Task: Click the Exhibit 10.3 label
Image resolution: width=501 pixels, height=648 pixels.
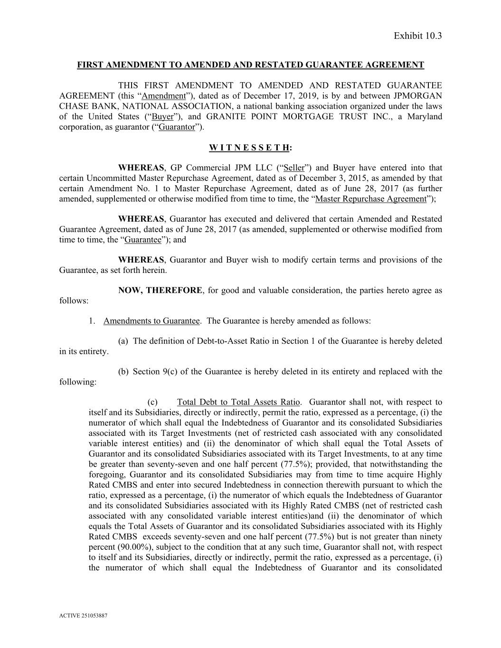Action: pyautogui.click(x=417, y=36)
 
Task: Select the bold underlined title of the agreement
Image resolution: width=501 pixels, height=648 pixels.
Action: pyautogui.click(x=250, y=65)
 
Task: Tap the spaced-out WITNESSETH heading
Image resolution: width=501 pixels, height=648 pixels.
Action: pyautogui.click(x=250, y=148)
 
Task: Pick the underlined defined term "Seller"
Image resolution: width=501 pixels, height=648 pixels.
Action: pyautogui.click(x=294, y=168)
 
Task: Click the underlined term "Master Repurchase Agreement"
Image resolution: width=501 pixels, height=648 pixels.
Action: pyautogui.click(x=371, y=199)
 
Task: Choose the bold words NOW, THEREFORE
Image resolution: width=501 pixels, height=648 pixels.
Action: pyautogui.click(x=160, y=291)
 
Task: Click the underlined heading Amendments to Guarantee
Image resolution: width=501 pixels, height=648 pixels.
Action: pyautogui.click(x=151, y=321)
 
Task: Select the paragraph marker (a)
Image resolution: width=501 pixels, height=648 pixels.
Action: pyautogui.click(x=123, y=341)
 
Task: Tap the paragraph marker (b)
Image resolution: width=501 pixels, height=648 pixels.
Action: pyautogui.click(x=123, y=372)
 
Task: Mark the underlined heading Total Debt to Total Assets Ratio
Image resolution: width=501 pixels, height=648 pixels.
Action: pyautogui.click(x=238, y=403)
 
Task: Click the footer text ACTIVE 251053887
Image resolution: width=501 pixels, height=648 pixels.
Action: pyautogui.click(x=83, y=616)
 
